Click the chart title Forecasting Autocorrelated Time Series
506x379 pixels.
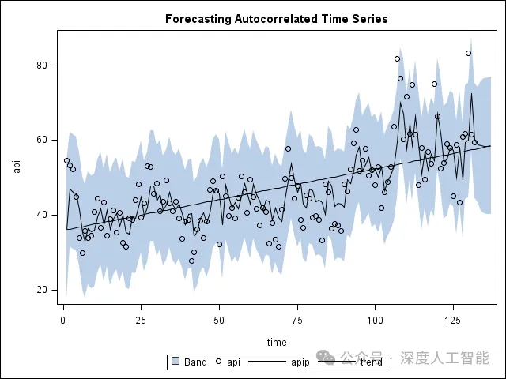click(x=276, y=18)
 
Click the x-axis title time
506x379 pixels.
click(x=277, y=342)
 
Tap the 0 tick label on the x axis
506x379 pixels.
click(x=63, y=319)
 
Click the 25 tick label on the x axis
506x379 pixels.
click(x=141, y=319)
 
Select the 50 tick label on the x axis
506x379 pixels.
click(x=219, y=319)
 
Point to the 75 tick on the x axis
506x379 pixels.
click(x=297, y=319)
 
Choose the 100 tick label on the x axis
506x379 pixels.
click(x=375, y=319)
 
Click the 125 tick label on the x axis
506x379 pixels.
click(x=453, y=319)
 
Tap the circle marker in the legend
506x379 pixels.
click(x=218, y=362)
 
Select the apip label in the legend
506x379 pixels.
click(x=300, y=363)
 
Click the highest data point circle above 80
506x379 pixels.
click(x=468, y=54)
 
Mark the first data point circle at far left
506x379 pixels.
click(x=66, y=161)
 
